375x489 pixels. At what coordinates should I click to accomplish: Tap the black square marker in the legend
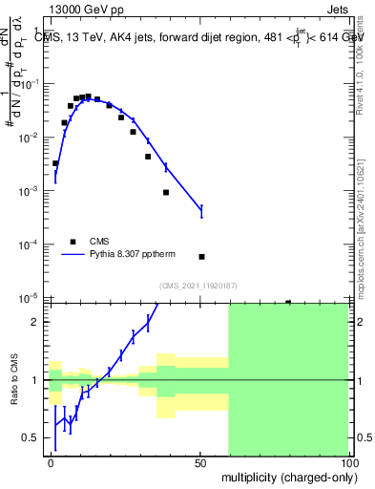click(x=72, y=242)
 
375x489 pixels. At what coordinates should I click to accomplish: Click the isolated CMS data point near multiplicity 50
click(x=201, y=257)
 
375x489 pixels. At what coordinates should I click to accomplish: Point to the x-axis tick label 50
click(x=200, y=462)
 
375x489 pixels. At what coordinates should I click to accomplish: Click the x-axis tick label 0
click(x=52, y=462)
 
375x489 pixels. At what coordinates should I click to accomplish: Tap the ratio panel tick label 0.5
click(x=35, y=438)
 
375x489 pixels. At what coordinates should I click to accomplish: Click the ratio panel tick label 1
click(x=40, y=380)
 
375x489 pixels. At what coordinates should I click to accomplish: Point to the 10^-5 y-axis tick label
click(x=31, y=299)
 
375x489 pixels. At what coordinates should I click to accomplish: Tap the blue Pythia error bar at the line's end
click(x=201, y=210)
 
